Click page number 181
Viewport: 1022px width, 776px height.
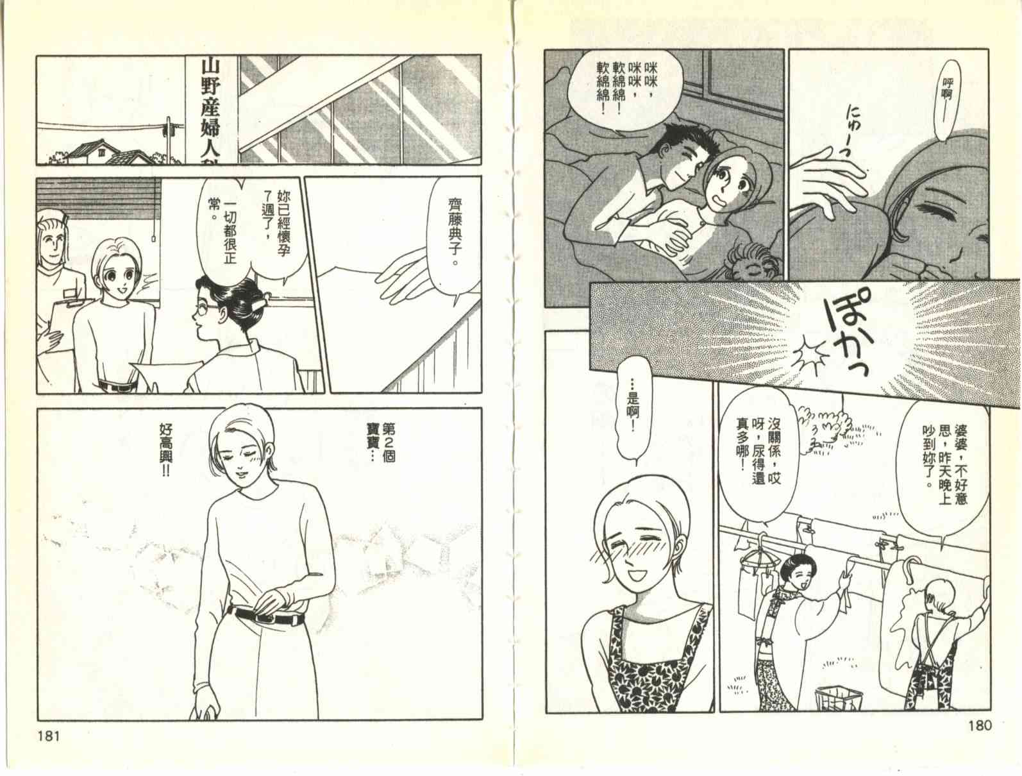[x=49, y=736]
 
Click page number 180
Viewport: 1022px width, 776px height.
[x=980, y=725]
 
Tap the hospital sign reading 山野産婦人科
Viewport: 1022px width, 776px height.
[x=210, y=112]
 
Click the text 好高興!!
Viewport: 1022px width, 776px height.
[x=165, y=451]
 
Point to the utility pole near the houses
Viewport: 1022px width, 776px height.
[x=168, y=140]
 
